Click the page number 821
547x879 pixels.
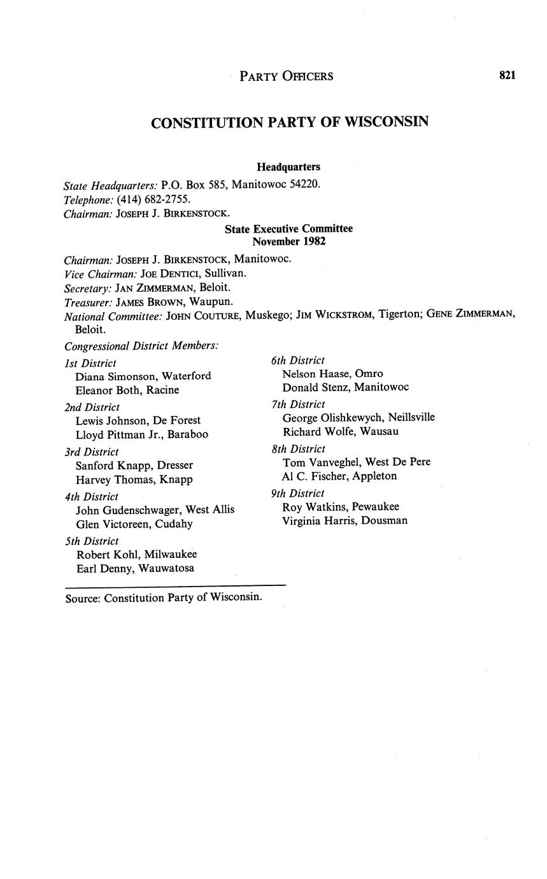click(507, 75)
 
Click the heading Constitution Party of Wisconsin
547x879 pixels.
click(289, 122)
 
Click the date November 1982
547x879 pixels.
click(288, 241)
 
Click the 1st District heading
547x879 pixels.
click(90, 363)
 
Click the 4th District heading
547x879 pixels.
click(92, 496)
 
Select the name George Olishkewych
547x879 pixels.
click(321, 417)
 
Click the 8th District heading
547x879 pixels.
click(298, 448)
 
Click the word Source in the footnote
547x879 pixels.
click(82, 597)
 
